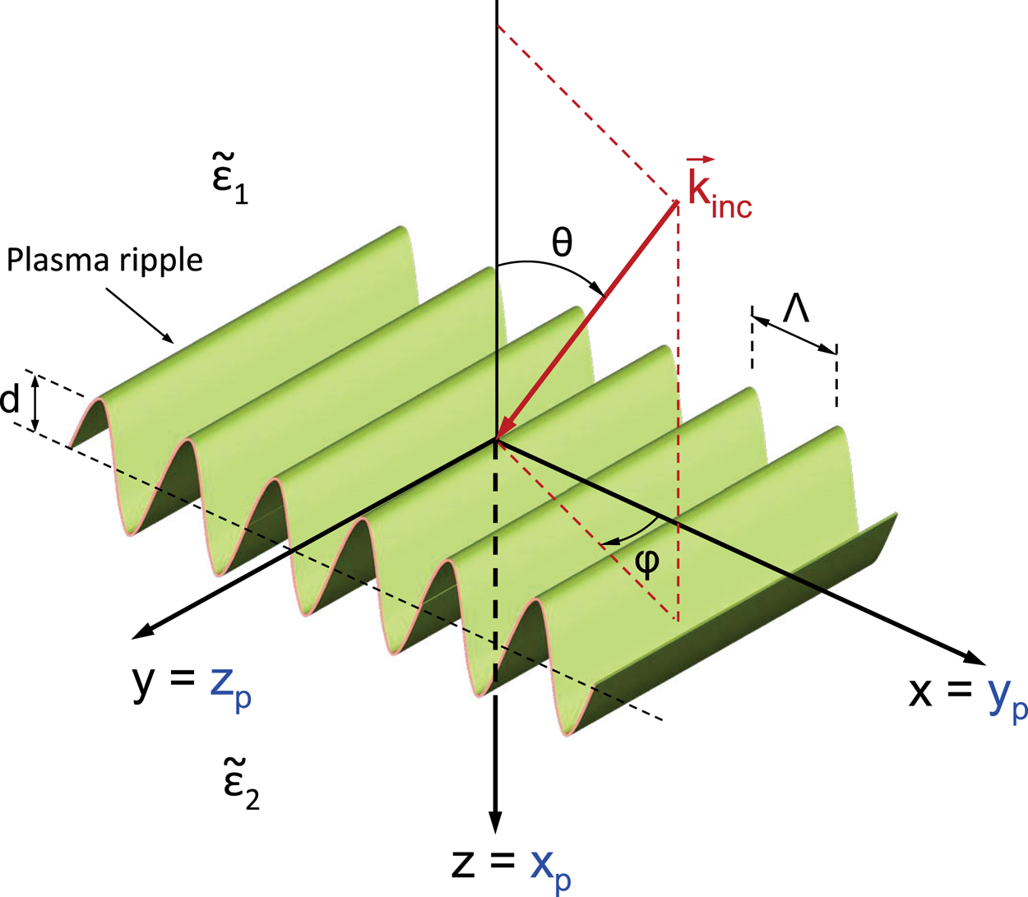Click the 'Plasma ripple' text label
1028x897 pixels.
[104, 260]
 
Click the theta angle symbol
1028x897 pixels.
[562, 243]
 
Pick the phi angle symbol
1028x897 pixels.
[647, 562]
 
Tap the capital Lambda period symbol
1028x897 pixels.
[796, 310]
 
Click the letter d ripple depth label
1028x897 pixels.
[10, 400]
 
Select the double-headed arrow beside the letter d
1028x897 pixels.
[35, 402]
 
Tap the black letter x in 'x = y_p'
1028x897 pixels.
[920, 691]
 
